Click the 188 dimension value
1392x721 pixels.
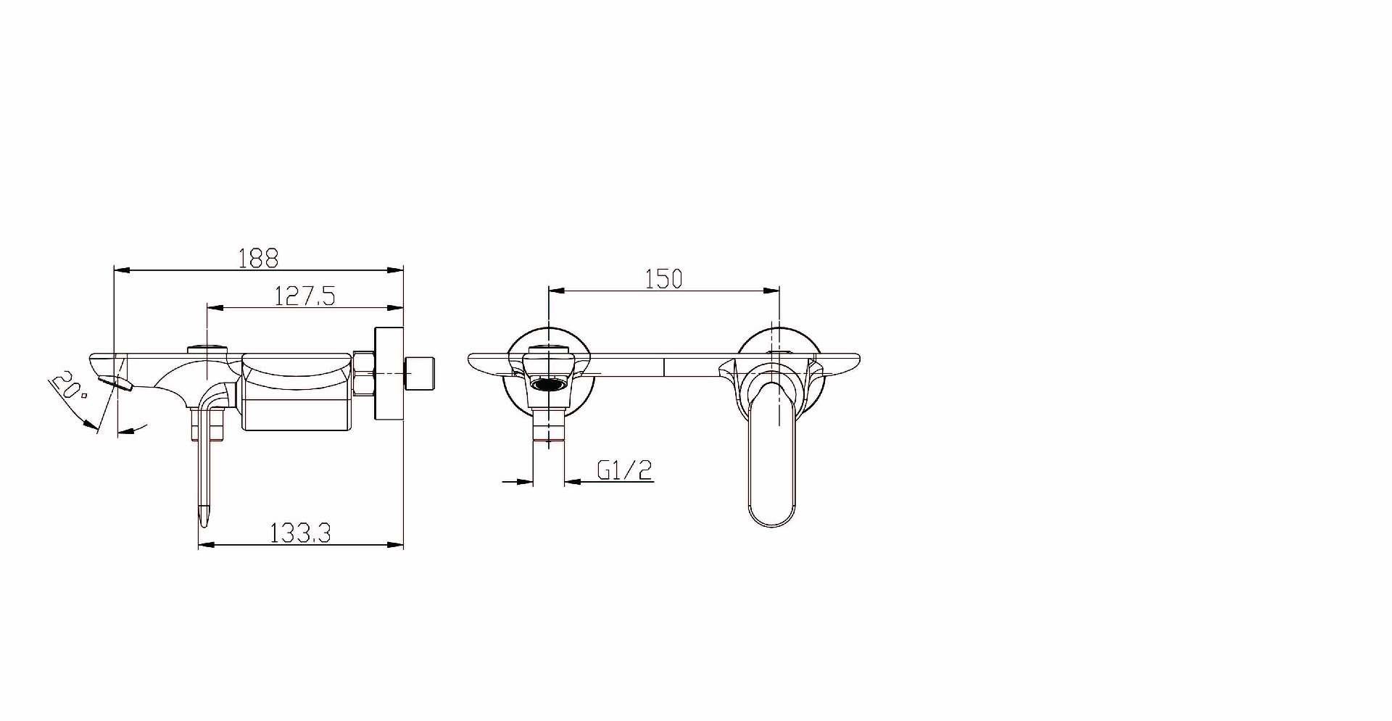(x=259, y=257)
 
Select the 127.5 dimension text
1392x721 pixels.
(x=304, y=296)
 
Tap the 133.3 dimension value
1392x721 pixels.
(x=300, y=533)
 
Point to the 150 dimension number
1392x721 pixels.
(x=663, y=278)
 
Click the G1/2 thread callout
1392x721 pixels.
(x=625, y=470)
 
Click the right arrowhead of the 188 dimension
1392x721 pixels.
(x=395, y=270)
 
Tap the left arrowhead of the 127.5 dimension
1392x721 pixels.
(x=215, y=308)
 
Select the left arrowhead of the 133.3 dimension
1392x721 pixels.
(x=207, y=545)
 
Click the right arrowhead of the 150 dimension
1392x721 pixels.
(x=771, y=291)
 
